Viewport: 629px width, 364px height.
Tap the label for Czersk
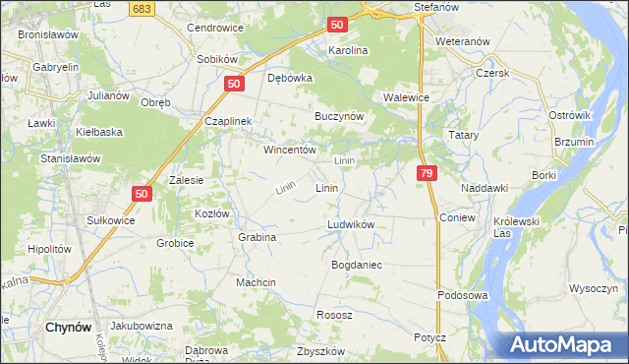click(x=489, y=73)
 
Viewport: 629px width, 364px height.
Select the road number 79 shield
click(x=426, y=173)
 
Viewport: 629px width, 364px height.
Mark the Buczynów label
click(x=339, y=116)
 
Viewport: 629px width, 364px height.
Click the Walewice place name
click(x=408, y=98)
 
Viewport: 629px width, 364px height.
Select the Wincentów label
click(x=288, y=151)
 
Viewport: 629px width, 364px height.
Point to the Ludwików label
click(x=351, y=225)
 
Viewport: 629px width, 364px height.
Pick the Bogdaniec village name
click(x=357, y=266)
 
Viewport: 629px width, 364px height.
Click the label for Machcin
click(x=256, y=282)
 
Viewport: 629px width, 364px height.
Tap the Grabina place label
click(x=257, y=237)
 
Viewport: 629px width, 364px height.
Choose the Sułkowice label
click(x=111, y=221)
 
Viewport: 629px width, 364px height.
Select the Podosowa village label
click(x=463, y=295)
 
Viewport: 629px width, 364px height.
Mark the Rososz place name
click(x=334, y=315)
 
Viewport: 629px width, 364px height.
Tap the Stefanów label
click(x=437, y=7)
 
